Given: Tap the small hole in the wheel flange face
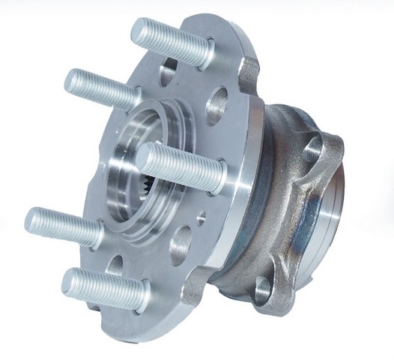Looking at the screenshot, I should coord(200,218).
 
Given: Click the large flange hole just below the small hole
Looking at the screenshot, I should coord(181,247).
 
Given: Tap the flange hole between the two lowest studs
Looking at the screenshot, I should coord(115,263).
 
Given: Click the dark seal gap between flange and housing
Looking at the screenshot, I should coord(251,187).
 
